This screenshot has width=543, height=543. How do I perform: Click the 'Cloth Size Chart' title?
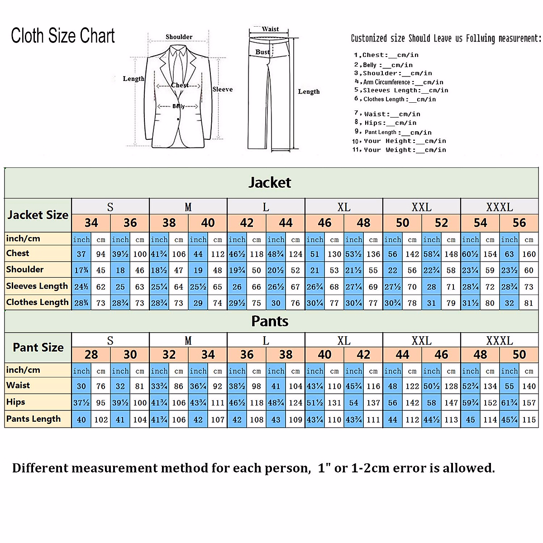click(x=63, y=36)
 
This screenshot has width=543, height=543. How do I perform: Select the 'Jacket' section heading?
click(x=270, y=183)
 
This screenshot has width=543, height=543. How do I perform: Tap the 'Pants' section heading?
click(x=270, y=321)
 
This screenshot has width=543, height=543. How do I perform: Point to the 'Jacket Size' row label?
click(x=38, y=215)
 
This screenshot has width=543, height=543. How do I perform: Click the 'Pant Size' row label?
click(x=38, y=348)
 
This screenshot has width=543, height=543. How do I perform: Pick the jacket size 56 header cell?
click(x=519, y=223)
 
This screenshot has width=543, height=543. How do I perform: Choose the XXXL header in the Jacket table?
click(x=500, y=207)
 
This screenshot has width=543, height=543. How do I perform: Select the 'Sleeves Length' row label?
click(x=37, y=286)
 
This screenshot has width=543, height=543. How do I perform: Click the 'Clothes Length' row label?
click(x=38, y=302)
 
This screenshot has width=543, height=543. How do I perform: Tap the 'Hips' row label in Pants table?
click(x=16, y=402)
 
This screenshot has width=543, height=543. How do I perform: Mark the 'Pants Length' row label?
click(x=33, y=419)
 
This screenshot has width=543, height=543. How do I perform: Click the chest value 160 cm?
click(x=529, y=254)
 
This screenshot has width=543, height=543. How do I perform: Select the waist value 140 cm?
click(x=529, y=386)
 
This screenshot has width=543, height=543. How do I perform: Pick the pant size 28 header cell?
click(x=91, y=355)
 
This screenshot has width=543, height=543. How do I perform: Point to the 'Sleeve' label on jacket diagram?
click(x=223, y=89)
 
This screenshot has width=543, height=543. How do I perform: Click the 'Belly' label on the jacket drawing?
click(x=178, y=106)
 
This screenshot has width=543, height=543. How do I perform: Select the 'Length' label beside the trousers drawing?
click(x=309, y=91)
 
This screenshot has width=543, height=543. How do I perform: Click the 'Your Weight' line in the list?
click(x=399, y=150)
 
